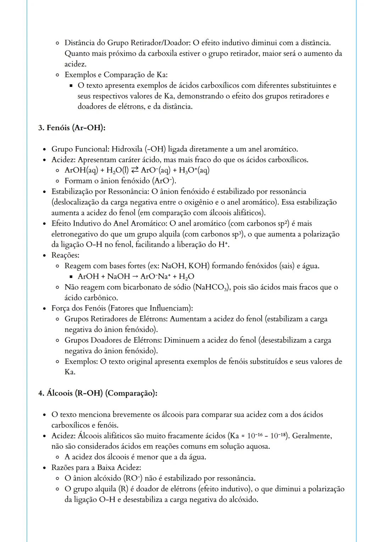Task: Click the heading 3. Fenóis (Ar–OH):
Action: click(x=72, y=128)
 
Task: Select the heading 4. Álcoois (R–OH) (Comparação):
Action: click(x=98, y=393)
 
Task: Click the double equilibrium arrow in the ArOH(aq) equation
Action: click(x=134, y=170)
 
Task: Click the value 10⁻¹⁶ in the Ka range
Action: click(x=256, y=436)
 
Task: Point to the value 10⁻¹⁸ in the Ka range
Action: click(x=276, y=436)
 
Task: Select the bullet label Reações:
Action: click(x=65, y=255)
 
